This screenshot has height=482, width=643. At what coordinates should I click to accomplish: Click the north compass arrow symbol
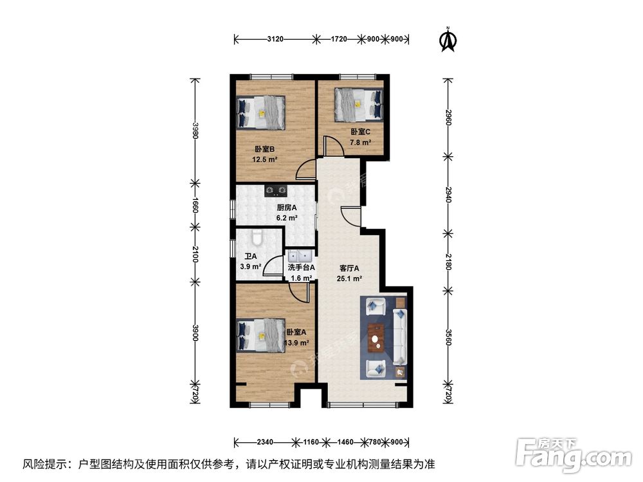[448, 40]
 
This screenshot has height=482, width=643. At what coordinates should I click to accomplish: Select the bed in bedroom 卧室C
[358, 103]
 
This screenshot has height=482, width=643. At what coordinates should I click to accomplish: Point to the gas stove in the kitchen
[276, 190]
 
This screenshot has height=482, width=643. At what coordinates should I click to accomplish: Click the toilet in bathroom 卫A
[257, 238]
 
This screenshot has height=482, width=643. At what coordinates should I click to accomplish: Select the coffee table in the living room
[377, 337]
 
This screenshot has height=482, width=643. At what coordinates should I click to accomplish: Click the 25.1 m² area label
[349, 279]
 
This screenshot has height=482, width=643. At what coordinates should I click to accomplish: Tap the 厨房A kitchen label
[286, 208]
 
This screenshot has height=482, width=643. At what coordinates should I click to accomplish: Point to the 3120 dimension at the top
[275, 39]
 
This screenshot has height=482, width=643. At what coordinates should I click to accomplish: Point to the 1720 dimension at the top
[339, 39]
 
